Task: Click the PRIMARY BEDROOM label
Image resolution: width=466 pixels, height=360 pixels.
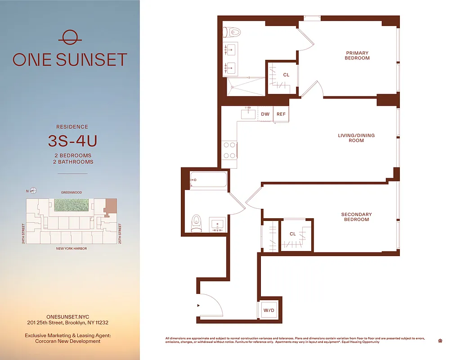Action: point(357,55)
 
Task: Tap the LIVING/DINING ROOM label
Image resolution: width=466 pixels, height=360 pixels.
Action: point(356,138)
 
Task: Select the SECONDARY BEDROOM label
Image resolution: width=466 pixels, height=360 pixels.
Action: point(356,217)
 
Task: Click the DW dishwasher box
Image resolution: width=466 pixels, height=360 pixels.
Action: point(265,114)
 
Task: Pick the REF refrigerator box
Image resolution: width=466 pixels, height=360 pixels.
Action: point(281,114)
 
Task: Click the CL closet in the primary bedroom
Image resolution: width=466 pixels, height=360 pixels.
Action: point(286,75)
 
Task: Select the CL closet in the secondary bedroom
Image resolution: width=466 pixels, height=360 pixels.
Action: point(293,234)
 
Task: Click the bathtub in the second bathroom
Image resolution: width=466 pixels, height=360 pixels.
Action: point(208,180)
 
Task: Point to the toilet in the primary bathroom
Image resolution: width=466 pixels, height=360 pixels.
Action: point(234,32)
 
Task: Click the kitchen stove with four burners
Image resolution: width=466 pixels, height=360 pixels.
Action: point(230,150)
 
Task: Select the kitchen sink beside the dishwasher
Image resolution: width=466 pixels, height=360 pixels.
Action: point(249,114)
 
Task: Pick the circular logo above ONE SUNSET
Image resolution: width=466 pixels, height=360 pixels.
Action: point(70,38)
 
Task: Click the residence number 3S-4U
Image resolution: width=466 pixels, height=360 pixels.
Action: point(72,141)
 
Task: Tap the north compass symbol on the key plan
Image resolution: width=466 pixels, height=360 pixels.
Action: point(33,191)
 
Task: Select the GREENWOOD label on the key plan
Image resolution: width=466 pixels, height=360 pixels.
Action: point(72,192)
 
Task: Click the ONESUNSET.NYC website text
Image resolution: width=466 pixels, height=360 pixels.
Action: point(67,317)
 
